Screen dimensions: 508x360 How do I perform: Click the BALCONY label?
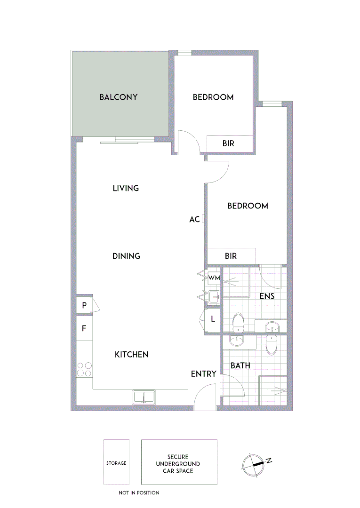(x=118, y=97)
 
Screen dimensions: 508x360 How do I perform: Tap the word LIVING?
(x=126, y=188)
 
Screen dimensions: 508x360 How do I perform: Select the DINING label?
(x=126, y=256)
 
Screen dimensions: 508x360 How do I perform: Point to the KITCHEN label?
(x=131, y=355)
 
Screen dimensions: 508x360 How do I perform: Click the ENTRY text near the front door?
(x=203, y=374)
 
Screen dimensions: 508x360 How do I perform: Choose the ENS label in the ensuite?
(x=267, y=296)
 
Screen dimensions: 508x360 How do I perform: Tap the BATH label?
(x=240, y=365)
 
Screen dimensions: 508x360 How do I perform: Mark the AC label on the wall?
(x=194, y=220)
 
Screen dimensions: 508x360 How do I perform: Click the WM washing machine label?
(x=214, y=278)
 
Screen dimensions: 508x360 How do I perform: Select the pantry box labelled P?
(x=84, y=305)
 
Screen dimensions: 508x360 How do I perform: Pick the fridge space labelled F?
(x=84, y=328)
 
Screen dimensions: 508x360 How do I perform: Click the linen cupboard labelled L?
(x=213, y=319)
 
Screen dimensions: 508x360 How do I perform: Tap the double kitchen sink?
(x=144, y=397)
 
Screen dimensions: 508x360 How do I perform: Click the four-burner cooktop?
(x=84, y=369)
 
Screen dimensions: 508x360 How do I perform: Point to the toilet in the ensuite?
(x=239, y=324)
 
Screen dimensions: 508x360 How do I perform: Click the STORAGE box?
(x=116, y=463)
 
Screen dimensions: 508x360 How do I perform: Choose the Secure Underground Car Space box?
(x=179, y=463)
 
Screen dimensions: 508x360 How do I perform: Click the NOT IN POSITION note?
(x=139, y=492)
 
